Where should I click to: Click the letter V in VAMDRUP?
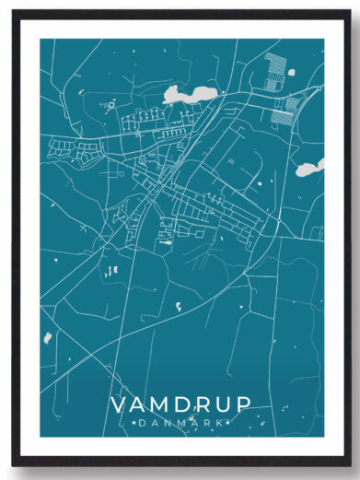(x=119, y=406)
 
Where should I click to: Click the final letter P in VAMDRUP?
(x=240, y=406)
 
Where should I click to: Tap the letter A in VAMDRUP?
(x=138, y=406)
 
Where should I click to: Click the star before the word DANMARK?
(x=136, y=423)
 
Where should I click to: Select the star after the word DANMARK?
(x=224, y=423)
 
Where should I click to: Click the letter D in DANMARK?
(x=145, y=423)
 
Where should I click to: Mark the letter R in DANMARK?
(x=204, y=423)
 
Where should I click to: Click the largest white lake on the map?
(x=182, y=94)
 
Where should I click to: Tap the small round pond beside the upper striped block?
(x=292, y=72)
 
